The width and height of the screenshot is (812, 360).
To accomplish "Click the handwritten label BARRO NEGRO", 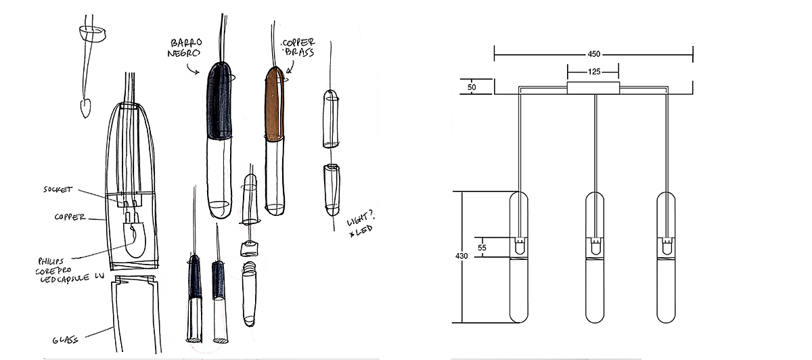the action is [x=185, y=48].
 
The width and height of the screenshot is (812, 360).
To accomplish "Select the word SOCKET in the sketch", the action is [x=58, y=189].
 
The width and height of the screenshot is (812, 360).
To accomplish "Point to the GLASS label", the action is [x=65, y=340].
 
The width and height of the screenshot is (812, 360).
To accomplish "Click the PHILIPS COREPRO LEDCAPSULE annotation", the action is [x=69, y=271].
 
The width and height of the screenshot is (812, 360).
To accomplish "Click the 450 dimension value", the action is [x=594, y=54].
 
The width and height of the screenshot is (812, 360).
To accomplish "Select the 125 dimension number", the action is [x=594, y=72].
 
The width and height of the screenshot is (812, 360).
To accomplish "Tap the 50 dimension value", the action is [x=472, y=87].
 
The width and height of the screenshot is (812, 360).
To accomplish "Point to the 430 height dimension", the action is [x=461, y=256].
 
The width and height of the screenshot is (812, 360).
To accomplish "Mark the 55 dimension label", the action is [x=482, y=248].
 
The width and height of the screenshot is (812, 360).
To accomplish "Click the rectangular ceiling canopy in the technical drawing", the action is [x=593, y=88].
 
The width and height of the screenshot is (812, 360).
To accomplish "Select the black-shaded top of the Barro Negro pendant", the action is [x=219, y=101].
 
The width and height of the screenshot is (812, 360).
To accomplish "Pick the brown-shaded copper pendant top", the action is [x=275, y=103].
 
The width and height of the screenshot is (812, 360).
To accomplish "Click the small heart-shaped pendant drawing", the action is [x=85, y=108].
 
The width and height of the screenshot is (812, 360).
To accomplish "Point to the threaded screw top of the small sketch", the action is [x=249, y=268].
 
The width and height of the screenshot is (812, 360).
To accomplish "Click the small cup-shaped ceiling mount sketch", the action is [x=93, y=33].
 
